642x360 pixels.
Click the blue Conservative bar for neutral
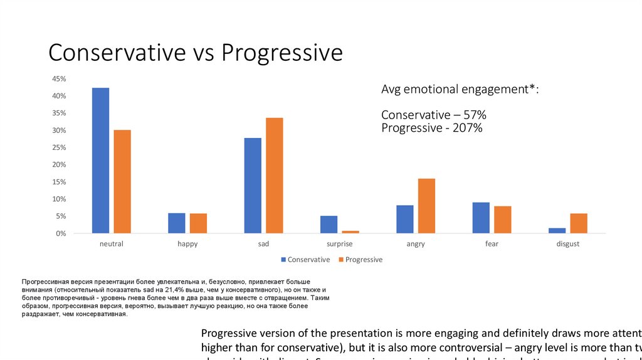click(100, 161)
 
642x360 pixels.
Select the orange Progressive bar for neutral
click(122, 182)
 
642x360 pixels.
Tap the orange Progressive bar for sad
click(274, 176)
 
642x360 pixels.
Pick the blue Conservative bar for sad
click(253, 186)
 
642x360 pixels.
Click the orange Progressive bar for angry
click(426, 206)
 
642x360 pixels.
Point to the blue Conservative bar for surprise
click(329, 225)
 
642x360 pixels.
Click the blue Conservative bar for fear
click(481, 218)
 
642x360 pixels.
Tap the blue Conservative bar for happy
click(177, 223)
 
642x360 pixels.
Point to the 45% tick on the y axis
click(59, 79)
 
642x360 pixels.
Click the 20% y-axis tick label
click(59, 164)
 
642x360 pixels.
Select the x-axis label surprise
click(340, 244)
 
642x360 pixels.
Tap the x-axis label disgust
click(567, 244)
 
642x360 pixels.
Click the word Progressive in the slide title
click(282, 53)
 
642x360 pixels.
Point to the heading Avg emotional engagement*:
click(460, 90)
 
